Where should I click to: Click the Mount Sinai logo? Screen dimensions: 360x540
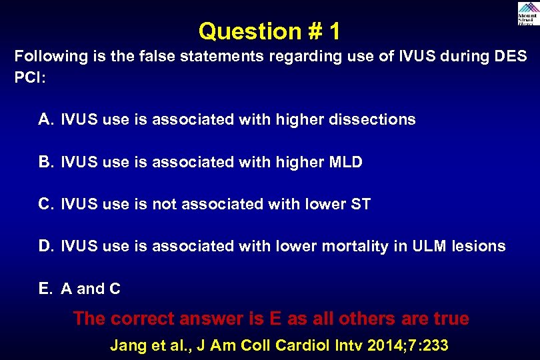(x=526, y=13)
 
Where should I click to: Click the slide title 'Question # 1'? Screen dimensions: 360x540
(x=269, y=31)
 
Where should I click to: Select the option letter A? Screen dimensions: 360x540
(x=45, y=120)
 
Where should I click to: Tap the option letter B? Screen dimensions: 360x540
(x=45, y=162)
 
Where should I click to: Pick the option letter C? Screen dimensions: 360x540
(x=45, y=204)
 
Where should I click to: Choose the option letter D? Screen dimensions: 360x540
(x=45, y=246)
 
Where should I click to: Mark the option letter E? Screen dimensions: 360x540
(x=45, y=289)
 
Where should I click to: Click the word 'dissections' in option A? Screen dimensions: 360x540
(x=378, y=120)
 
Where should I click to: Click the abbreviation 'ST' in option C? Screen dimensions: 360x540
(x=360, y=204)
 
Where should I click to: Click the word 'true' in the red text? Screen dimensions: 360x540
(x=450, y=319)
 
